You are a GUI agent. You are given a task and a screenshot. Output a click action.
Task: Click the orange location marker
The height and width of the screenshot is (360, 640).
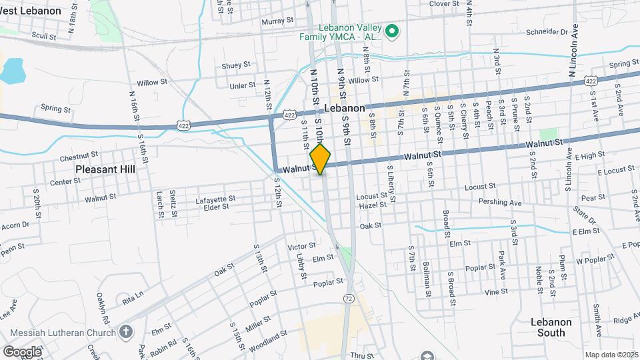click(321, 159)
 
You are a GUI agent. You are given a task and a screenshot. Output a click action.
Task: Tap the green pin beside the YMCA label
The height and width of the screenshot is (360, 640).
click(393, 30)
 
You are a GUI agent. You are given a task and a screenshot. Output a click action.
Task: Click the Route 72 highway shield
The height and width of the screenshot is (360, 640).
click(349, 298)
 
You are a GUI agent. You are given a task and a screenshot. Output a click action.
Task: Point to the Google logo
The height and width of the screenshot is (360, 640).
click(22, 351)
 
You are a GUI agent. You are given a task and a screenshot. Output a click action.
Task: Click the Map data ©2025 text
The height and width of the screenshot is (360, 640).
click(611, 355)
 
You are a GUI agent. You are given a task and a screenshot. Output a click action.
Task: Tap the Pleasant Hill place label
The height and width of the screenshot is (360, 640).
click(105, 169)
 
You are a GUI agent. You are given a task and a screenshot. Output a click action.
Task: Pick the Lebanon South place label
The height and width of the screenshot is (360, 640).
click(551, 327)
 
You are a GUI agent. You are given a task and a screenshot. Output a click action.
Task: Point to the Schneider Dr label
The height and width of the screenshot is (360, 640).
click(547, 31)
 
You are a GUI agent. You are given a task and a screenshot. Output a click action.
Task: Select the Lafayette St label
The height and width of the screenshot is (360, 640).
click(215, 199)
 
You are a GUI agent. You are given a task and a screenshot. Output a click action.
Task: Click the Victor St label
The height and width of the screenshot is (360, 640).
click(302, 247)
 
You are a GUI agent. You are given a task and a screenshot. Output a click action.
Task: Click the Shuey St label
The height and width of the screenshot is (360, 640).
click(236, 65)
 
